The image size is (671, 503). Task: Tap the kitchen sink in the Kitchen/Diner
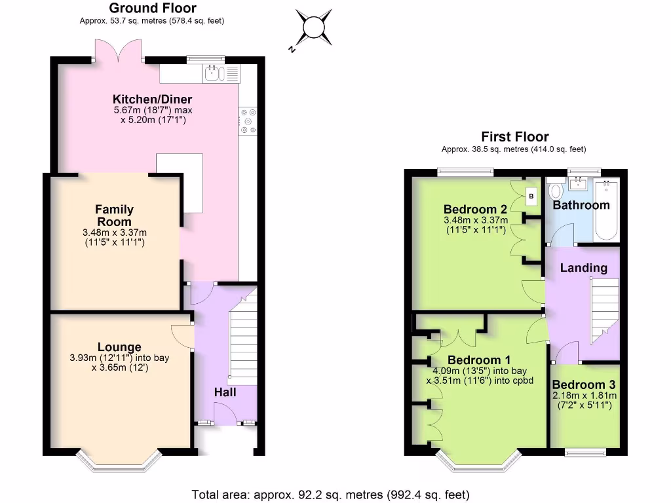coord(214,73)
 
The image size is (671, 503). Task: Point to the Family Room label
coord(115,215)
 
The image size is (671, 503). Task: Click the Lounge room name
coord(119,347)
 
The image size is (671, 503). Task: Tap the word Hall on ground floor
coord(225,392)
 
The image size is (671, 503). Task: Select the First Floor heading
coord(514,137)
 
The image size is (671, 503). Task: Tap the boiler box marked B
coord(531,196)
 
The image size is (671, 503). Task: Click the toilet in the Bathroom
coord(557,191)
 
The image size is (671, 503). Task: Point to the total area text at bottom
coord(330,494)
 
